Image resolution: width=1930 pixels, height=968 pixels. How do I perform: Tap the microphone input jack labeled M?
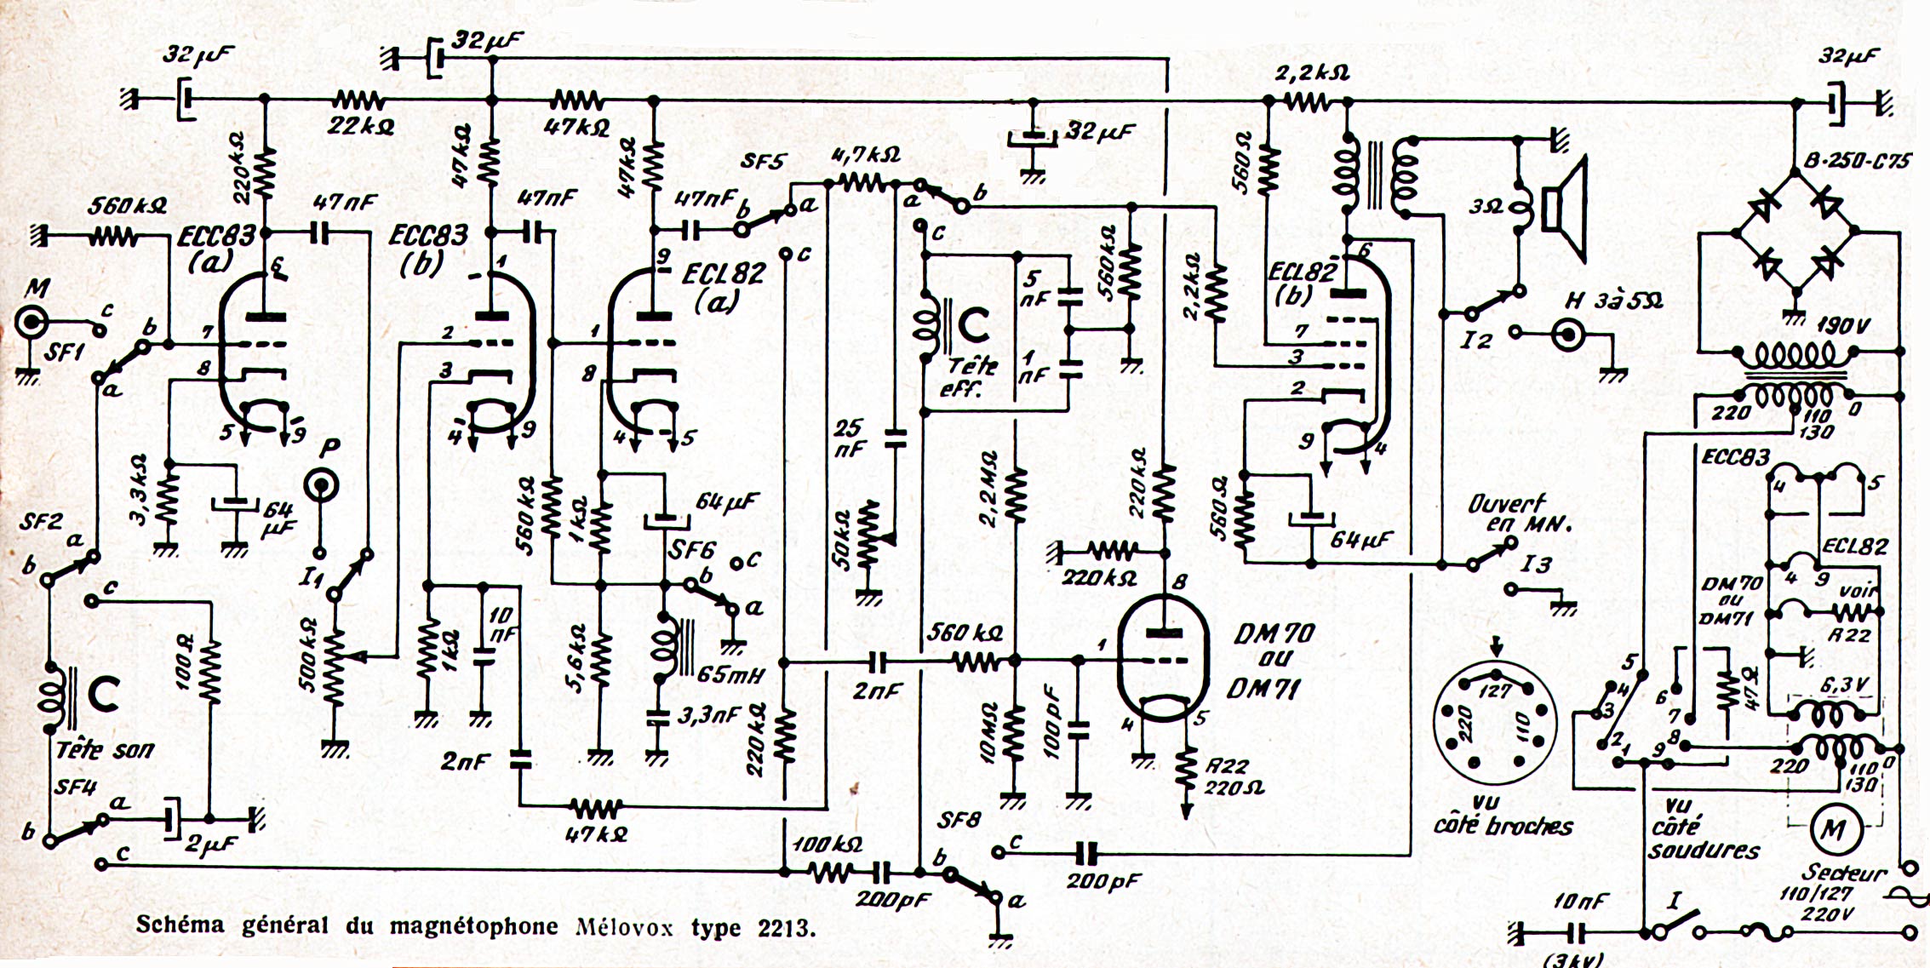tap(32, 324)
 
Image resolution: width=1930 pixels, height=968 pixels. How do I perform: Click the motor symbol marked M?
tap(1829, 828)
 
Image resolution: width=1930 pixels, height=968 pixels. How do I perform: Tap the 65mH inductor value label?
tap(730, 676)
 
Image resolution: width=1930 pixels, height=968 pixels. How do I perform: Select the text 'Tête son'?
tap(105, 750)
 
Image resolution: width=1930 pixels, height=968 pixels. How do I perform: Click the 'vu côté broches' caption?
tap(1503, 815)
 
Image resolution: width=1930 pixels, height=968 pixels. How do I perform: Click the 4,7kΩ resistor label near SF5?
tap(863, 157)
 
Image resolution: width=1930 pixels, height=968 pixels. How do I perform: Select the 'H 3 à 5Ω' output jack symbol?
tap(1568, 335)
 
